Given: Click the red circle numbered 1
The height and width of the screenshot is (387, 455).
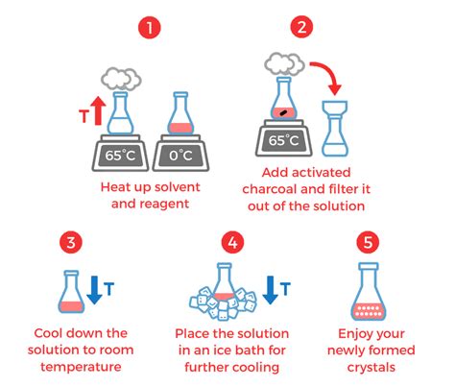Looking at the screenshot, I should click(147, 26).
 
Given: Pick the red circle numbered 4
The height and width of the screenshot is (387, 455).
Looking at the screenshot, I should click(227, 240).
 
